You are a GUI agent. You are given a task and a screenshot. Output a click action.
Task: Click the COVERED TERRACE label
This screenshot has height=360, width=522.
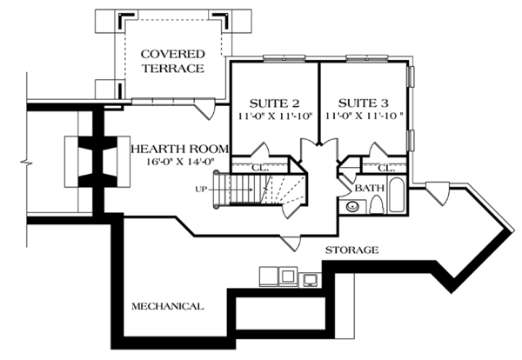point(172,61)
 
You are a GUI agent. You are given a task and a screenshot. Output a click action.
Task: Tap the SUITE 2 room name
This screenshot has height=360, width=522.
point(274,103)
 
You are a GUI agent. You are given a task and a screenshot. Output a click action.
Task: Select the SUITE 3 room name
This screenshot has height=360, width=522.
point(363,103)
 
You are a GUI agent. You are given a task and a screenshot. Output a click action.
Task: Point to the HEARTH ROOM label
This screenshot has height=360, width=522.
point(180,149)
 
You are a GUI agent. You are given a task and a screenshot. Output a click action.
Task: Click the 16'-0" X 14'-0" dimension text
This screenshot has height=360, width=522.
point(180,162)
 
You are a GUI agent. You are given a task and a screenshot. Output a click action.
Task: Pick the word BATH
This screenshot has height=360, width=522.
point(370,189)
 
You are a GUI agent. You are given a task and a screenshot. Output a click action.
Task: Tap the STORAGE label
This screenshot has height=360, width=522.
point(351,250)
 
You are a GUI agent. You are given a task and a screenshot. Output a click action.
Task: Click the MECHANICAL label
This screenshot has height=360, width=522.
point(167,306)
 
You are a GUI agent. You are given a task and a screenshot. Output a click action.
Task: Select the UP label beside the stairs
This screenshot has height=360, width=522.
point(201,190)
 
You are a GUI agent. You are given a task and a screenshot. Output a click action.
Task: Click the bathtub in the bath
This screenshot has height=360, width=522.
point(397,196)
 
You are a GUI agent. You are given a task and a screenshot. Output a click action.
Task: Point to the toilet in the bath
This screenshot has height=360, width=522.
point(377,204)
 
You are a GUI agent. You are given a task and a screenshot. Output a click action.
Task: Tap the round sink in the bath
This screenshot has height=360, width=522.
point(352,207)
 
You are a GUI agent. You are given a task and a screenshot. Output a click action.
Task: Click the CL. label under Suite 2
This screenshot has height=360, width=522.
point(260,168)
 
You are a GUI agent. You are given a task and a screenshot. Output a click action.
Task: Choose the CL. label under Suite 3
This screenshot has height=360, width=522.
point(386,169)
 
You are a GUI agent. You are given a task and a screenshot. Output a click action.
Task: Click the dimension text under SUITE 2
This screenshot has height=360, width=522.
point(275,117)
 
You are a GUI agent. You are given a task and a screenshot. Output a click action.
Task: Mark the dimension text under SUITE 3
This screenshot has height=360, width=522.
point(365,117)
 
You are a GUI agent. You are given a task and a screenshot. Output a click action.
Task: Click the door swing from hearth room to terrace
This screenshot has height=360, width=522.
point(205,109)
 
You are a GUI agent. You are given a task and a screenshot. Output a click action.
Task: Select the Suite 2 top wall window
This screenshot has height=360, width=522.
point(284,58)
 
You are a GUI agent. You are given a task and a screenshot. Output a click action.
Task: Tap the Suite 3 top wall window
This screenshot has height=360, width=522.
point(366,58)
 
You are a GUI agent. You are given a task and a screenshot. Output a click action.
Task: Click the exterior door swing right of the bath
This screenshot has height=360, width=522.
point(438,194)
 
